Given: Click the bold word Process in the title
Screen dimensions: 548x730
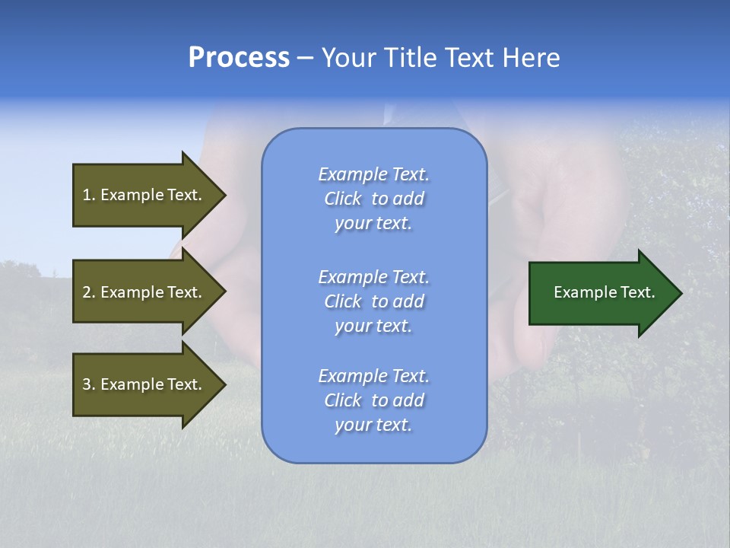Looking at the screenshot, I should (x=239, y=58).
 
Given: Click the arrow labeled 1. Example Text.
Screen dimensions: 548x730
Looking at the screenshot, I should (x=144, y=195).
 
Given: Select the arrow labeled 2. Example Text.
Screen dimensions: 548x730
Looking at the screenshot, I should (x=144, y=292).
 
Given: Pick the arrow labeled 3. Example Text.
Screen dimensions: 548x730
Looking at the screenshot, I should (x=144, y=384).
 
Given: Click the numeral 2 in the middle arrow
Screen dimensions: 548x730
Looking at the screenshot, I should (x=87, y=292).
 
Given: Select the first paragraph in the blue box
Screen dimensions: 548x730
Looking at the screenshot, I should (x=373, y=199).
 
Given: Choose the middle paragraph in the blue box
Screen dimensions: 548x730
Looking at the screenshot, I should (x=373, y=301).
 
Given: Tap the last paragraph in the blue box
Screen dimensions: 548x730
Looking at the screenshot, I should (x=373, y=400).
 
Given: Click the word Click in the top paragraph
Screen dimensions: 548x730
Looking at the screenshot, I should (x=343, y=199).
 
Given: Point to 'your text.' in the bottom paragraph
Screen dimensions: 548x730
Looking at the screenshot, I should (x=373, y=425).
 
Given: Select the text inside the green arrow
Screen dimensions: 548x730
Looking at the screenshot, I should (x=604, y=292).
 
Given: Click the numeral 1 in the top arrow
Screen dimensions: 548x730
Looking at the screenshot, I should (x=87, y=195).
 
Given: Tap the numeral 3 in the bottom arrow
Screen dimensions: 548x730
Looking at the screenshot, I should (x=87, y=384).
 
